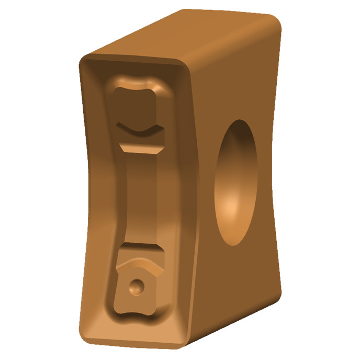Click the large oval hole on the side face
point(236,183)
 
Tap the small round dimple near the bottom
point(137,286)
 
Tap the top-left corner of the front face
point(83,59)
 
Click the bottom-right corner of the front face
point(181,343)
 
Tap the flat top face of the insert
point(183,37)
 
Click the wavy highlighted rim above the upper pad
point(137,83)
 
